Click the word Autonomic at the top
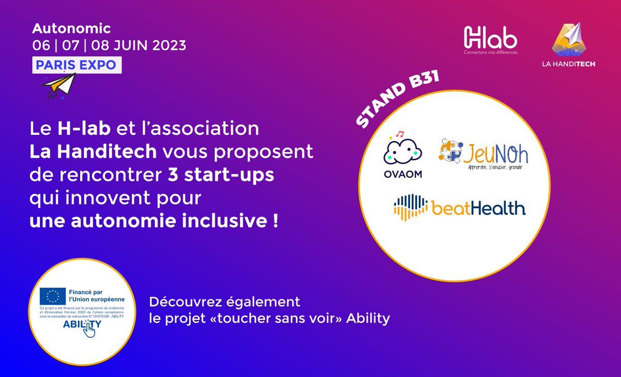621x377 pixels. coord(71,28)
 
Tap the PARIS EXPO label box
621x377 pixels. coord(77,64)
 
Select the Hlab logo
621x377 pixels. coord(490,40)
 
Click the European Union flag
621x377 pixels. coord(53,296)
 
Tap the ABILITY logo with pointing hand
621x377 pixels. coord(82,326)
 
